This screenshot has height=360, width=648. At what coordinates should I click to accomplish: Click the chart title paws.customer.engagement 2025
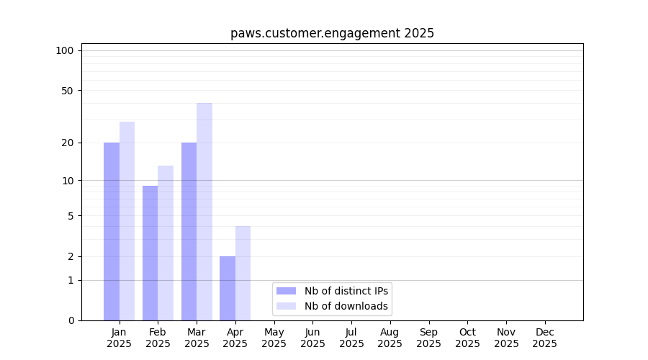pyautogui.click(x=332, y=33)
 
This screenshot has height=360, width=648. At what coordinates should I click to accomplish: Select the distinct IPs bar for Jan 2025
pyautogui.click(x=112, y=231)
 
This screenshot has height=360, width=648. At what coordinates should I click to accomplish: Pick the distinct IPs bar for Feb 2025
pyautogui.click(x=150, y=253)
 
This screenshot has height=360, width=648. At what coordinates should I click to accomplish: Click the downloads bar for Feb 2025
pyautogui.click(x=166, y=243)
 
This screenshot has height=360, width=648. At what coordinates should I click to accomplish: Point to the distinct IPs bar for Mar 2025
pyautogui.click(x=189, y=231)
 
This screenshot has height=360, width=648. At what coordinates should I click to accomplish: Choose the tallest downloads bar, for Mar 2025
pyautogui.click(x=204, y=212)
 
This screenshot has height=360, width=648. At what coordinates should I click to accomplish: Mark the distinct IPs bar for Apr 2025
pyautogui.click(x=228, y=288)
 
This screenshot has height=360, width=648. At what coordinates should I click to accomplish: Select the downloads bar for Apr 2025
pyautogui.click(x=243, y=273)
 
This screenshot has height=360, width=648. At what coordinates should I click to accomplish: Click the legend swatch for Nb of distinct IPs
pyautogui.click(x=286, y=291)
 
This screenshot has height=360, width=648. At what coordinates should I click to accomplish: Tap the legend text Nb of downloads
pyautogui.click(x=346, y=306)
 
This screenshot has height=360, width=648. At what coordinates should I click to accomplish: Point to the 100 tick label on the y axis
pyautogui.click(x=65, y=50)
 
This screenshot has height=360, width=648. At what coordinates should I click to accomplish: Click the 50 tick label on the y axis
pyautogui.click(x=67, y=91)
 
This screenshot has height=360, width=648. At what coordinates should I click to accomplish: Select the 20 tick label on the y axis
pyautogui.click(x=67, y=143)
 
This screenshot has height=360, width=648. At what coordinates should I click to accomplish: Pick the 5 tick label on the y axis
pyautogui.click(x=70, y=215)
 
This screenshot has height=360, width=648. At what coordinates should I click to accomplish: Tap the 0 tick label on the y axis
pyautogui.click(x=70, y=320)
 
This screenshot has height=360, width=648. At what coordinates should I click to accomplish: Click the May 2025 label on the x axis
pyautogui.click(x=274, y=338)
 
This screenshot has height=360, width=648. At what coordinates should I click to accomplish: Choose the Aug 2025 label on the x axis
pyautogui.click(x=390, y=338)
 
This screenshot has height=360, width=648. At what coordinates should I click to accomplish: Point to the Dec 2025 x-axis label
pyautogui.click(x=544, y=338)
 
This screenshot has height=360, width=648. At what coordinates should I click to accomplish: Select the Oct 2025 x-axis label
pyautogui.click(x=467, y=338)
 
